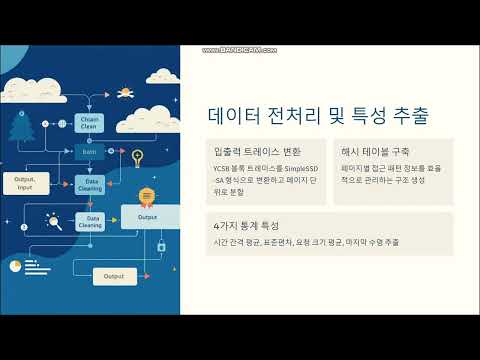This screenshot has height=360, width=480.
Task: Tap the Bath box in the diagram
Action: point(88,152)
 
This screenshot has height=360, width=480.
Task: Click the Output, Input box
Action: point(25,182)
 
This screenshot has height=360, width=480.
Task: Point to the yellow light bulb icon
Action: point(137,156)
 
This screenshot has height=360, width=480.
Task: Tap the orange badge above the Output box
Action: point(146,195)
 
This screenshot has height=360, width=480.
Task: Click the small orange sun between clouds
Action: point(125,93)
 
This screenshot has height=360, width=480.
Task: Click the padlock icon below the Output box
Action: point(160,245)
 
